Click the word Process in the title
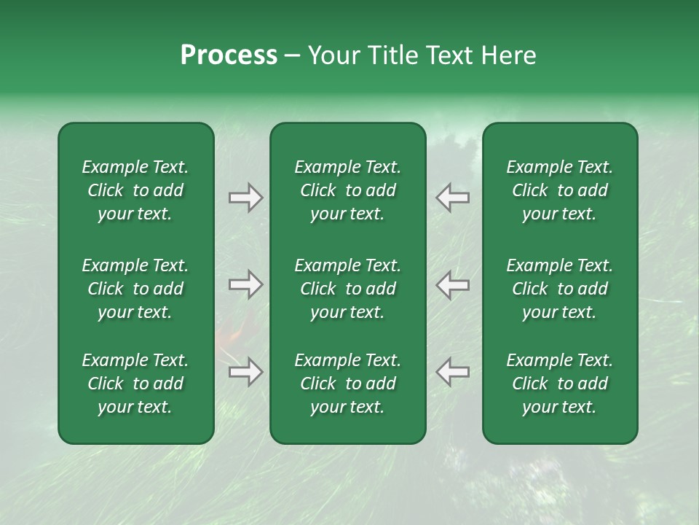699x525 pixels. pos(229,55)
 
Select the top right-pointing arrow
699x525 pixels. pos(245,198)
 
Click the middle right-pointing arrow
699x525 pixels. pos(245,284)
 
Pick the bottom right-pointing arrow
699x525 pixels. pos(245,372)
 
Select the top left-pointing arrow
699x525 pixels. pos(452,198)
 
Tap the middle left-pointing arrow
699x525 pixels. pos(452,284)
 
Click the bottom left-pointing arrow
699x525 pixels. pos(452,372)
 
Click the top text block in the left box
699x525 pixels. pos(135,190)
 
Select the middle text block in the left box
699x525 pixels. pos(135,289)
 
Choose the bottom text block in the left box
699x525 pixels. pos(135,384)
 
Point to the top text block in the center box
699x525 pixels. pos(347,190)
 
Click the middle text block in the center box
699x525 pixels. pos(347,289)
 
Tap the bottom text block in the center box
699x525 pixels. pos(347,384)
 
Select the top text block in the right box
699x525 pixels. pos(559,190)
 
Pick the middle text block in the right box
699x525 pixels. pos(559,289)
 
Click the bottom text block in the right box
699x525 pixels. pos(559,384)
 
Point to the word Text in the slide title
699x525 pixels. pos(449,55)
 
